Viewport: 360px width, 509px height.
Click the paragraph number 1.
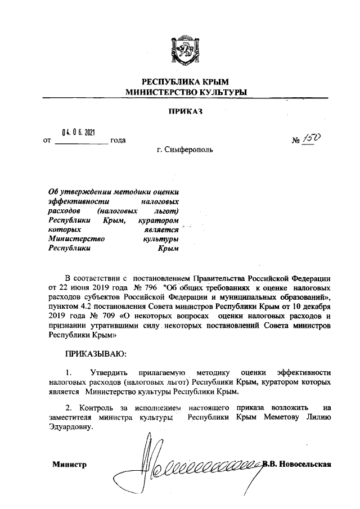click(x=69, y=372)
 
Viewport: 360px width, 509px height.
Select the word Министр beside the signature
click(x=70, y=465)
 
